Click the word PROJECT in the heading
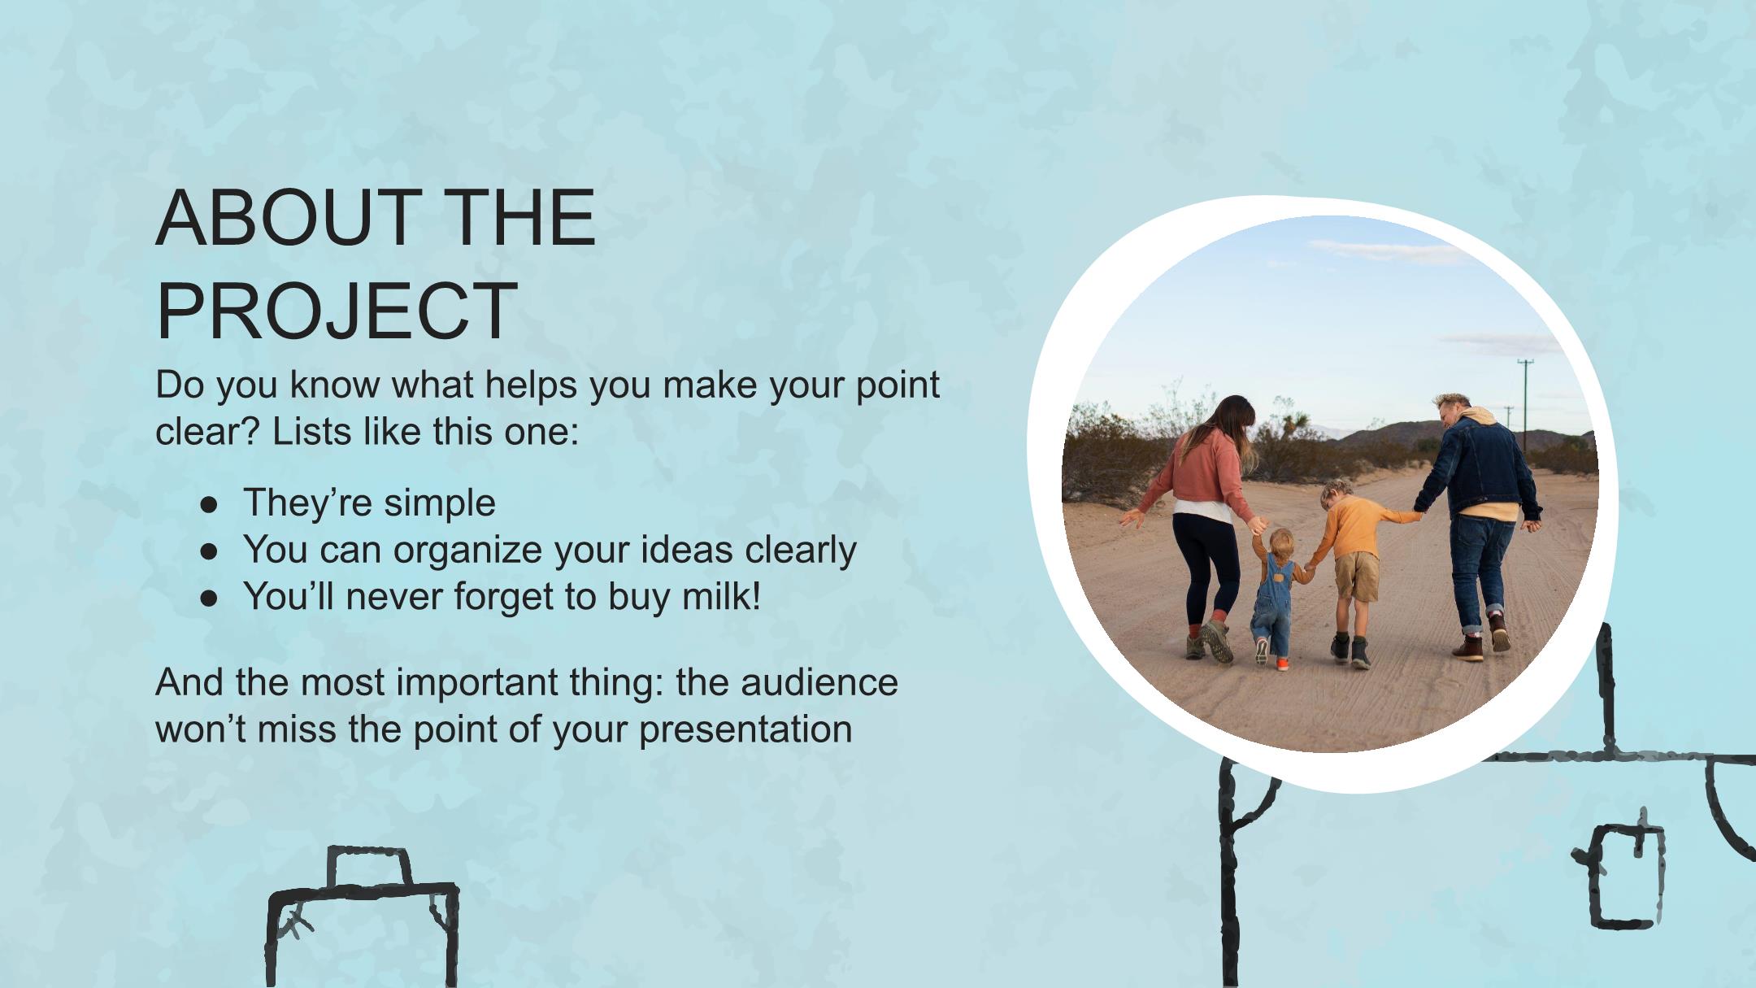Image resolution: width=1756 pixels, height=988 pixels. (337, 311)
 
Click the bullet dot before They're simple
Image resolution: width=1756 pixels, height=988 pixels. (209, 504)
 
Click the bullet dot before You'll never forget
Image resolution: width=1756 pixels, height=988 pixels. (209, 598)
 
